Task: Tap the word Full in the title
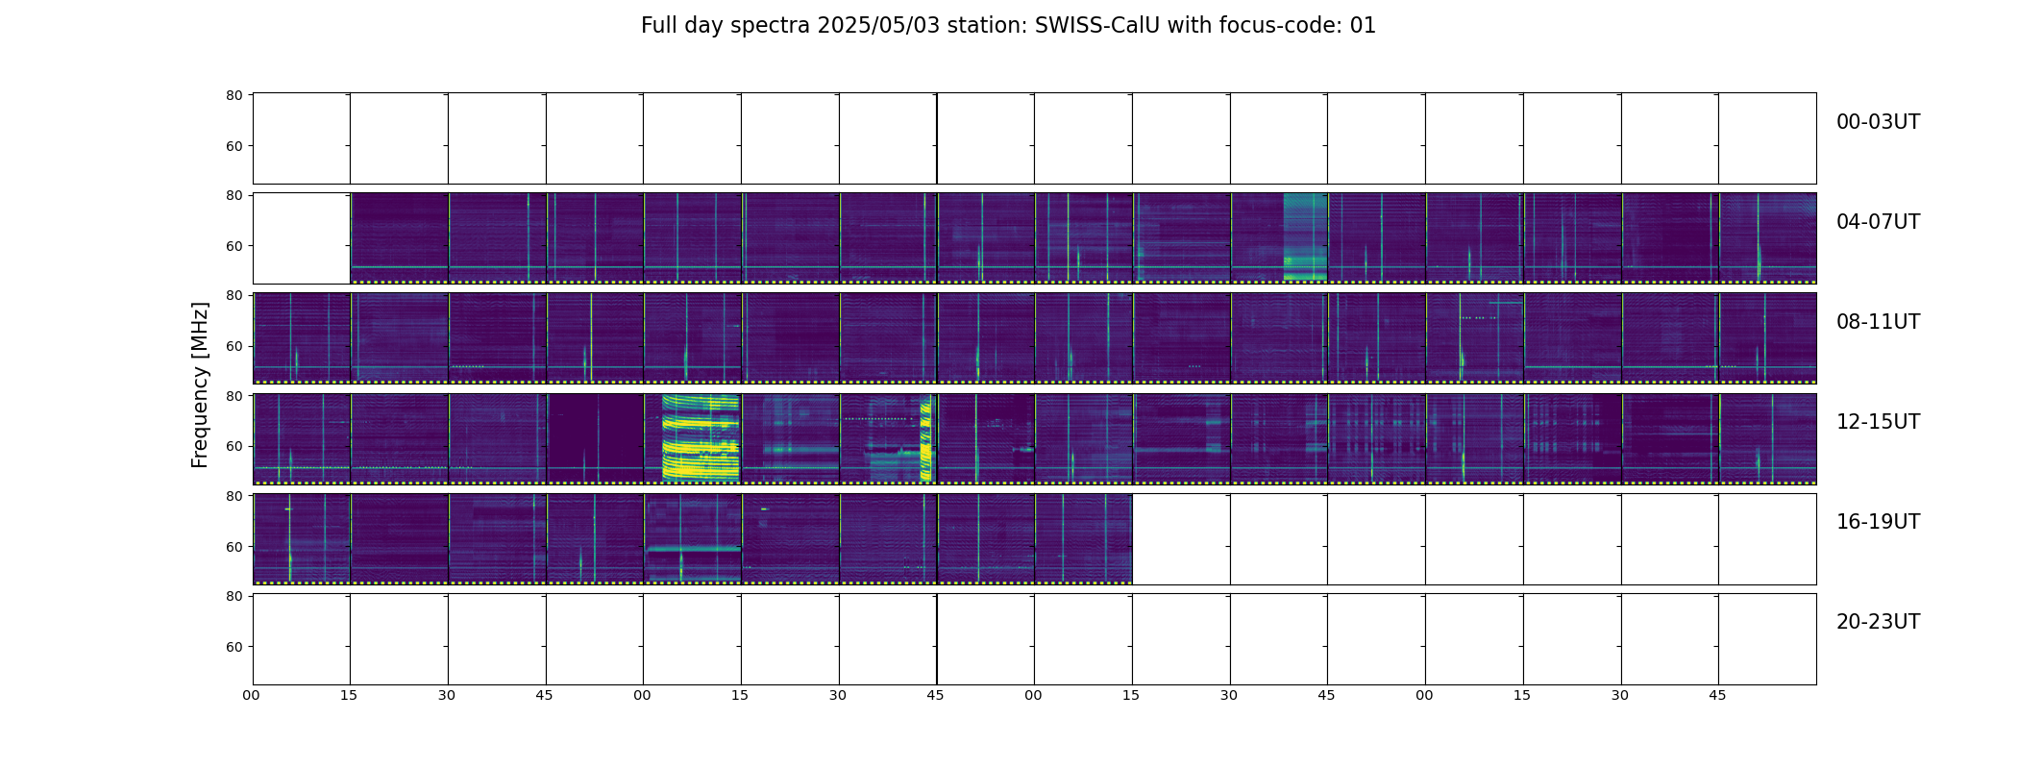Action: point(658,26)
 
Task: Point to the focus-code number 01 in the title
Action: point(1363,26)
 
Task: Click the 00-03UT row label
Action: point(1878,122)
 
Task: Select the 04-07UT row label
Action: point(1878,222)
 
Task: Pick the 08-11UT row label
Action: point(1878,322)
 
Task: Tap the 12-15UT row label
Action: point(1878,422)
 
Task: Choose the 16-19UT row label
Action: point(1878,522)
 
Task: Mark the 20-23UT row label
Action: point(1878,622)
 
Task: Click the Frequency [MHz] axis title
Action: point(200,384)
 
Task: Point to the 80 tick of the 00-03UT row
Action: point(234,95)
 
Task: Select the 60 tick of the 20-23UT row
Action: point(234,647)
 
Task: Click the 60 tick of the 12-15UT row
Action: point(234,446)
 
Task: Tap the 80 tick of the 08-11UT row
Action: point(234,295)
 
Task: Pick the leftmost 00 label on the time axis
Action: point(252,695)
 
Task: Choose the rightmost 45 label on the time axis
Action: point(1718,695)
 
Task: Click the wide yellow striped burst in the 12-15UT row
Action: point(701,437)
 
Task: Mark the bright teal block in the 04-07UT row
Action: point(1305,236)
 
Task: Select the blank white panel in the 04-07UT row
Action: point(302,238)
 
